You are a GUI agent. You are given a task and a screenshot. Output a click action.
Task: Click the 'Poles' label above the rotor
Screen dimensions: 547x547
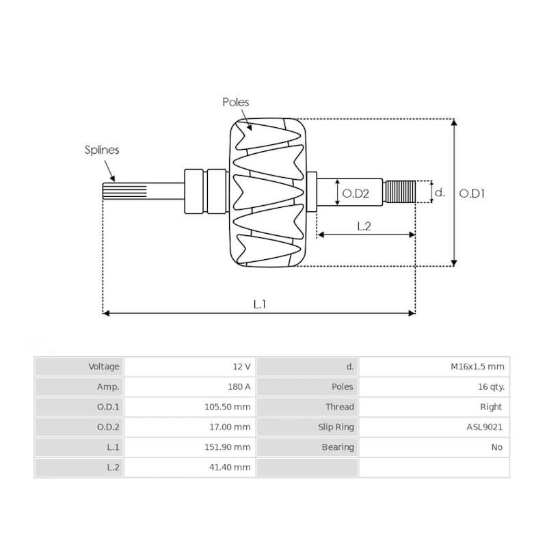(x=236, y=102)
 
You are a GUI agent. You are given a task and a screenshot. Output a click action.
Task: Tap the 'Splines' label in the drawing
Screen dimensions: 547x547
(x=102, y=150)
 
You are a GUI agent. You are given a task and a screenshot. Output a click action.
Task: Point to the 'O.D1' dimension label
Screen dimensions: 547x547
(x=472, y=194)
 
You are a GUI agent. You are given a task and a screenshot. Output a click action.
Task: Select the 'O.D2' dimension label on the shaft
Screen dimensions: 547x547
(x=356, y=194)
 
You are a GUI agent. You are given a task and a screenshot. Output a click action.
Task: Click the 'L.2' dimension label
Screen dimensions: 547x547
(x=364, y=226)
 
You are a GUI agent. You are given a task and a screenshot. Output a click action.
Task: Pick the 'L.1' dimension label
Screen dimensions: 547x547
(x=259, y=304)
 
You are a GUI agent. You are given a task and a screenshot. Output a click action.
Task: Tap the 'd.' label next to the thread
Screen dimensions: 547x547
(x=440, y=193)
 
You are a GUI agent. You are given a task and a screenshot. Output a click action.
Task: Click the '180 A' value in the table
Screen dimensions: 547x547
(x=239, y=386)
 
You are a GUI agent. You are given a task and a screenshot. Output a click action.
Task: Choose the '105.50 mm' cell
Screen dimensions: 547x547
(x=229, y=407)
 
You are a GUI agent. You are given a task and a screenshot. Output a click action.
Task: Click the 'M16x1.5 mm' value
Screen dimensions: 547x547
(x=477, y=366)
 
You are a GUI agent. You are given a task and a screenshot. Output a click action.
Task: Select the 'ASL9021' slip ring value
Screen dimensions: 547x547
(x=485, y=427)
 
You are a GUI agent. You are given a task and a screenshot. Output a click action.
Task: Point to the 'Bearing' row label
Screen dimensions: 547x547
(x=338, y=447)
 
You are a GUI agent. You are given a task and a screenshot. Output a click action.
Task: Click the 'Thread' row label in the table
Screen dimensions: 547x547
(x=340, y=407)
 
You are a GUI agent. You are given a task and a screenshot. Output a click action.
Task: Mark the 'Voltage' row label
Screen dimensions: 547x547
(x=104, y=366)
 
